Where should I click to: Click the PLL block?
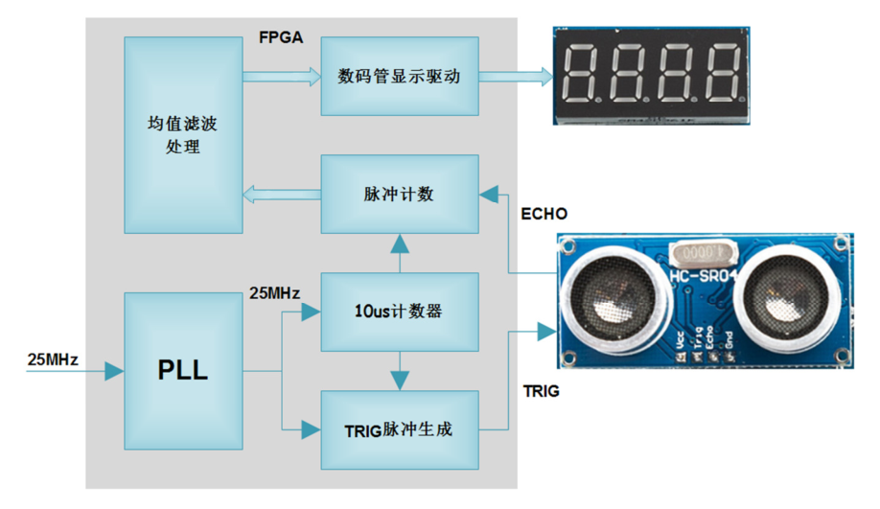182,370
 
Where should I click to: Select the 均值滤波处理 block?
182,134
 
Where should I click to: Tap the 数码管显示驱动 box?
399,77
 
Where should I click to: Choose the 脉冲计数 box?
399,194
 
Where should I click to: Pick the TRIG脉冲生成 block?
399,429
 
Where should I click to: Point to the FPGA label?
281,38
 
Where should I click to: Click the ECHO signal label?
544,213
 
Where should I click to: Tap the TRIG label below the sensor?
542,391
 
